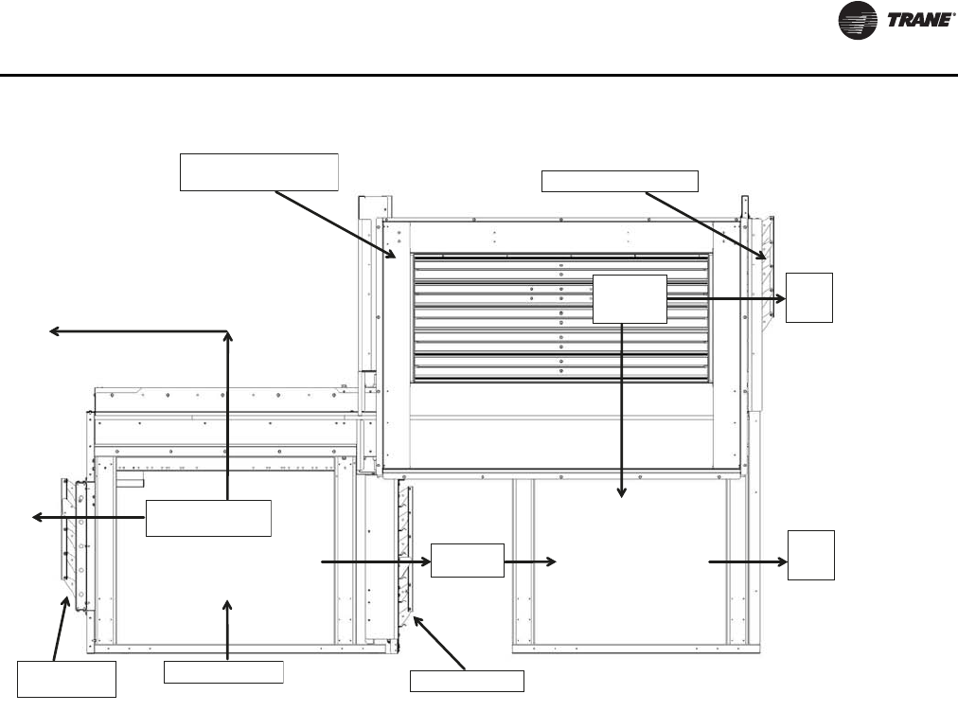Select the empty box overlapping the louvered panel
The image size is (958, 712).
(629, 297)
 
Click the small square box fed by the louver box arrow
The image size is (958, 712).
(810, 297)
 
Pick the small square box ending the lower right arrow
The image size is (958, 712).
(812, 554)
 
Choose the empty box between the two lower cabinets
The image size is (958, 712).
(468, 561)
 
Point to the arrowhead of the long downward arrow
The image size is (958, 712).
(622, 492)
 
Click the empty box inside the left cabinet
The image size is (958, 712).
(208, 516)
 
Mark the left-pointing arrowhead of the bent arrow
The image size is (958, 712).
(54, 330)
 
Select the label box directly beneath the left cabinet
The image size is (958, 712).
(223, 671)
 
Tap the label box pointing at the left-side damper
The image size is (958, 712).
(66, 679)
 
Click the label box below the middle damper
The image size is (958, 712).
(467, 680)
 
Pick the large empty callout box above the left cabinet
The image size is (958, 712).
(258, 170)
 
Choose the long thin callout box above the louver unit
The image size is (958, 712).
(619, 180)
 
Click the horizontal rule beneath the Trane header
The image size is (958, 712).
(479, 75)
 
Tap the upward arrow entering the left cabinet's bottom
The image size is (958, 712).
(227, 625)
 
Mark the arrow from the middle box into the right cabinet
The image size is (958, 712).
(530, 561)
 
